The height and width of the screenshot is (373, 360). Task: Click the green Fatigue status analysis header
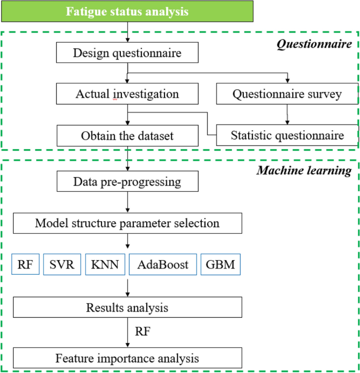click(127, 11)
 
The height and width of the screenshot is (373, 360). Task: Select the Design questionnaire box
click(127, 53)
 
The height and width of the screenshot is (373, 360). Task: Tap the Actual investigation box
click(127, 94)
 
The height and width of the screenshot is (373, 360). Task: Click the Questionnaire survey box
click(287, 94)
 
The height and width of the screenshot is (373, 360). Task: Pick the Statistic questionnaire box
click(287, 136)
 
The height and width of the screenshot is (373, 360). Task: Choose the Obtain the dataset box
click(127, 136)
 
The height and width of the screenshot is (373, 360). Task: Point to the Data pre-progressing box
click(127, 182)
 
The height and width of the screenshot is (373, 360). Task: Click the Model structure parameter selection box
click(127, 223)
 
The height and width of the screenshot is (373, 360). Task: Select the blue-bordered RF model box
click(25, 264)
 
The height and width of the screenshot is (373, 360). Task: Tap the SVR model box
click(62, 264)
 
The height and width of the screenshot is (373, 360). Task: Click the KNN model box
click(106, 264)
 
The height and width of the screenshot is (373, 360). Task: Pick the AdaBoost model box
click(163, 264)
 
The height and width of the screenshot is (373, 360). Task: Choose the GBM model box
click(221, 264)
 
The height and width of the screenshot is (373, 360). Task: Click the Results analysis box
click(127, 307)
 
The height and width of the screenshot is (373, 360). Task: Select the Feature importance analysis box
click(127, 358)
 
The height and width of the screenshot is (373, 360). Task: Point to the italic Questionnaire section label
click(314, 44)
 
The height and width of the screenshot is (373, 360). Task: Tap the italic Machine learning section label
click(304, 171)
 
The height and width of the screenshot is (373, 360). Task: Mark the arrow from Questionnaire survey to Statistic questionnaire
click(287, 115)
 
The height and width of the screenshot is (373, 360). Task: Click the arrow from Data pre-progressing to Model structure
click(127, 202)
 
